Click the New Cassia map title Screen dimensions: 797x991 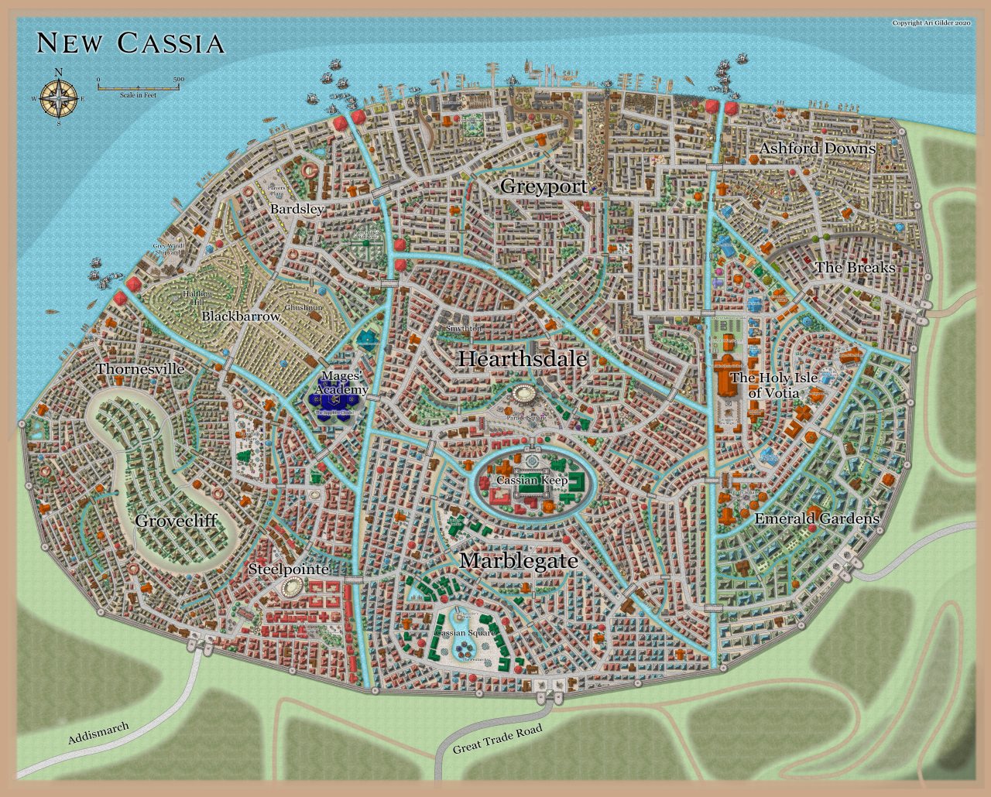click(x=130, y=43)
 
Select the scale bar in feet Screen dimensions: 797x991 click(x=140, y=87)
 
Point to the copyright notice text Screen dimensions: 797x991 click(x=931, y=23)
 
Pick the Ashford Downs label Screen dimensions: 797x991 click(x=817, y=149)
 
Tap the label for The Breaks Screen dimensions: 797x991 click(x=855, y=268)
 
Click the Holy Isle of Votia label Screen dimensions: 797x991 click(x=773, y=385)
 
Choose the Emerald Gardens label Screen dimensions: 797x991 click(x=817, y=518)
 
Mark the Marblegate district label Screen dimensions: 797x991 click(x=519, y=561)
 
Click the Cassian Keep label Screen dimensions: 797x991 click(x=532, y=481)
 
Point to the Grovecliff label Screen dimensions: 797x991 click(x=176, y=521)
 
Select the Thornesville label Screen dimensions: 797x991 click(x=140, y=369)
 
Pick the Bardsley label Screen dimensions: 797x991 click(x=297, y=210)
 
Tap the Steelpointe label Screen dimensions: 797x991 click(x=289, y=570)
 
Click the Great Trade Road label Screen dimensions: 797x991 click(x=497, y=739)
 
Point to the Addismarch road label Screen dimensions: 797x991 click(x=98, y=733)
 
